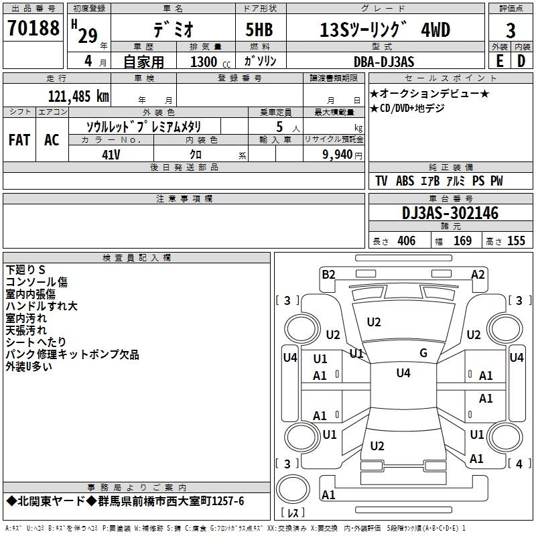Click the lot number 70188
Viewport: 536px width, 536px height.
click(33, 27)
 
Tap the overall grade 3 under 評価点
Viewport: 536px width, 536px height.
click(511, 30)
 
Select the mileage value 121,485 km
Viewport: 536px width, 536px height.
click(78, 96)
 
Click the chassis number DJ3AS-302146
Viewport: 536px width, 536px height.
click(450, 213)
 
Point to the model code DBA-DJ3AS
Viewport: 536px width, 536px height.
click(384, 62)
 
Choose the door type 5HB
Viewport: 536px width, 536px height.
click(259, 29)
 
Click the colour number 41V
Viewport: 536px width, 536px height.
click(111, 155)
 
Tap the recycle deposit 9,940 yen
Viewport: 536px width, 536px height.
click(342, 155)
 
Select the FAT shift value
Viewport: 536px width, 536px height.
click(19, 140)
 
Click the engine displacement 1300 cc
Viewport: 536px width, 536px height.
click(210, 62)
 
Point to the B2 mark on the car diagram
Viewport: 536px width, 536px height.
click(328, 275)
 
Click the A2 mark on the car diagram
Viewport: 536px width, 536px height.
click(478, 275)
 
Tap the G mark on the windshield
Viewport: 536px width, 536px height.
click(423, 352)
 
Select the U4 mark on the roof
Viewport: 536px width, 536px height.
click(403, 373)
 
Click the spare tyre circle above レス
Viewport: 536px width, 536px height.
click(293, 489)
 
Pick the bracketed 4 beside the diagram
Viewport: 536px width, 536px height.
click(520, 464)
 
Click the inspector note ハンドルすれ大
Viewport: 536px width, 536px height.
click(42, 306)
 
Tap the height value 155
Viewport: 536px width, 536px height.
click(516, 241)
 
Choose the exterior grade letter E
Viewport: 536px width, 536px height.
click(499, 61)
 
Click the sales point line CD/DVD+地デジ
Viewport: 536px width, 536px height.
click(407, 108)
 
